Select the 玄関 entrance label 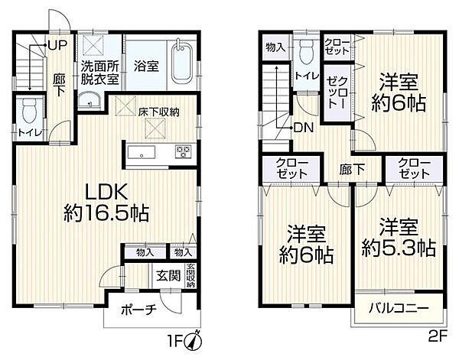point(168,277)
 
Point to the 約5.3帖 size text point(399,248)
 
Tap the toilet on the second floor point(307,53)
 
